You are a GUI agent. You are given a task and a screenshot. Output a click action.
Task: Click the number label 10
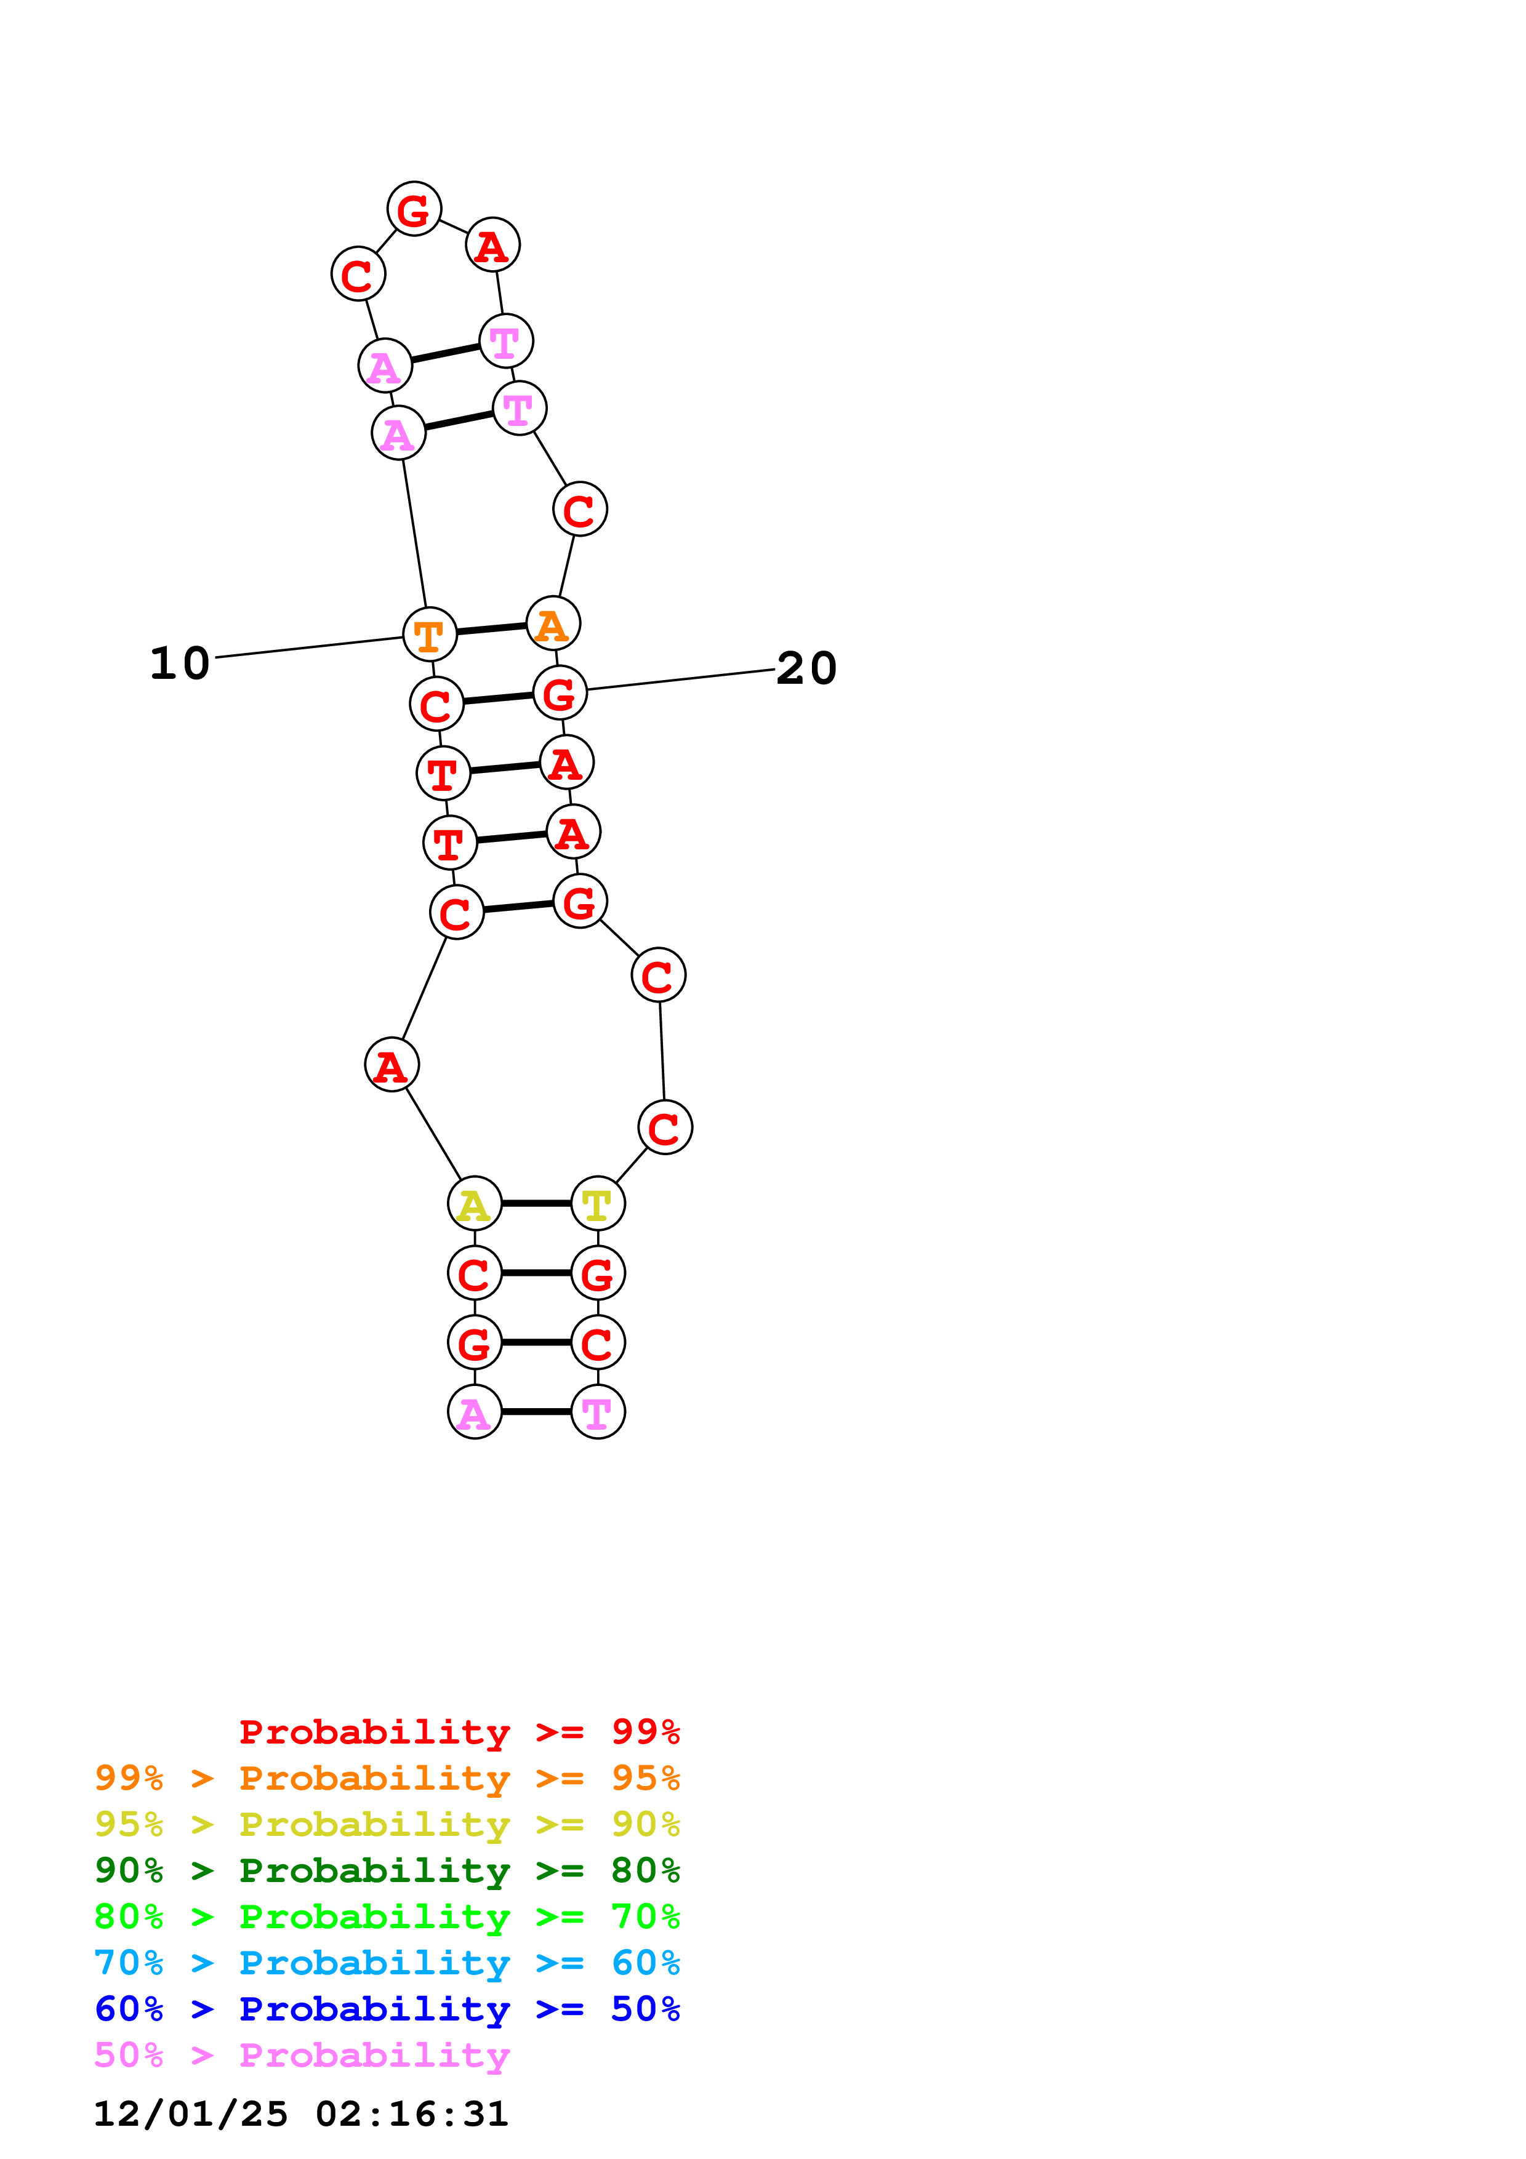coord(180,664)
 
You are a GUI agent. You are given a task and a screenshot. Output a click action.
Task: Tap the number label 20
coord(806,668)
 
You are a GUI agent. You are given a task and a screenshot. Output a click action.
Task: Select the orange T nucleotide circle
coord(430,635)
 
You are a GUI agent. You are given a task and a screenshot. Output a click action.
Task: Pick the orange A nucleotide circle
coord(553,623)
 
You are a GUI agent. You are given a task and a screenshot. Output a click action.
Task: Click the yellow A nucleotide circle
coord(475,1204)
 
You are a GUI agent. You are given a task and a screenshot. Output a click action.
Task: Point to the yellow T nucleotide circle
coord(598,1204)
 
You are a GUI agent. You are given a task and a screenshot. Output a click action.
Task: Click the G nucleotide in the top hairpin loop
coord(414,209)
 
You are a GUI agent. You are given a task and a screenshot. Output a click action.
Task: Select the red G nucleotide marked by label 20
coord(560,694)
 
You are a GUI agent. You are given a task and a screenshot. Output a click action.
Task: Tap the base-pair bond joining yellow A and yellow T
coord(536,1204)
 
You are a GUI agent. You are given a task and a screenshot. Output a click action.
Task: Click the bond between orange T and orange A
coord(491,629)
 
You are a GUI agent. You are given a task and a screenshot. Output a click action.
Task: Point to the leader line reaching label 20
coord(681,679)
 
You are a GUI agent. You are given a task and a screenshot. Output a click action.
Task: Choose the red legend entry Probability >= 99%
coord(459,1732)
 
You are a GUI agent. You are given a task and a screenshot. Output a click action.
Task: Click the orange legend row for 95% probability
coord(387,1778)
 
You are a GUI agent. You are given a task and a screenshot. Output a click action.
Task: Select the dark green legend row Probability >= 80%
coord(387,1870)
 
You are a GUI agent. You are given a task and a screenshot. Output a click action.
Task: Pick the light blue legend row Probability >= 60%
coord(387,1963)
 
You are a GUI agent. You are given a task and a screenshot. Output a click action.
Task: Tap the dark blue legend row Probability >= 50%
coord(387,2009)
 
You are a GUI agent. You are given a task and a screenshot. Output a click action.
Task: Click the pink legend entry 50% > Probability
coord(302,2054)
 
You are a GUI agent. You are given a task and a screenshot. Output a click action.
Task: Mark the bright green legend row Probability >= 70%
coord(387,1917)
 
